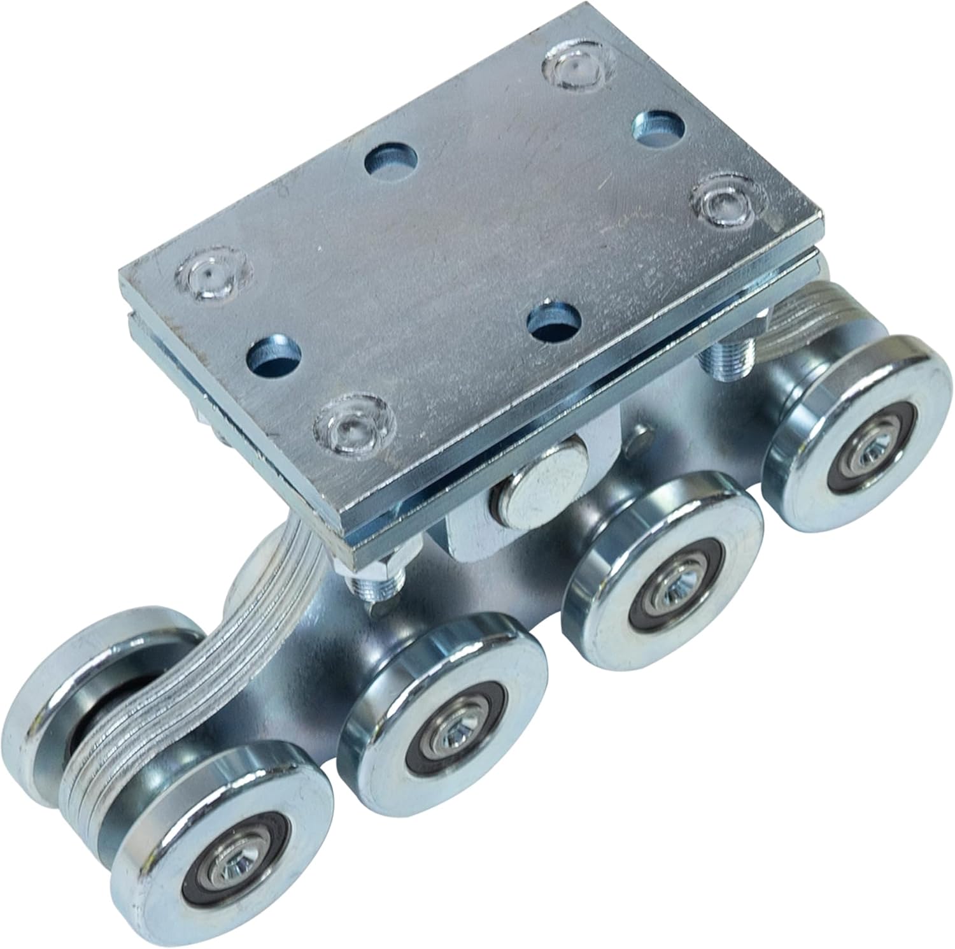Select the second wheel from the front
pos(444,704)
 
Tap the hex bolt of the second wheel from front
pos(451,738)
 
